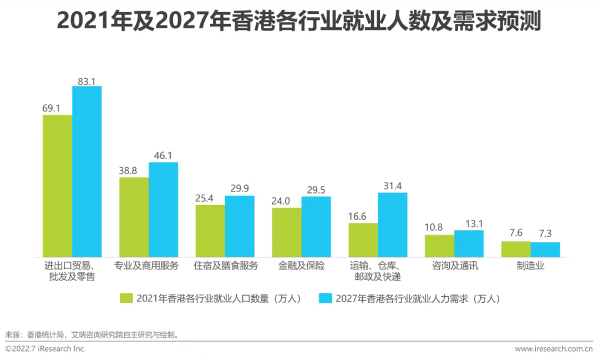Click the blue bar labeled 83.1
(87, 171)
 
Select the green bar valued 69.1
(58, 186)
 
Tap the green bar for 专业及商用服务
(134, 217)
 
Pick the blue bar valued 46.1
(163, 210)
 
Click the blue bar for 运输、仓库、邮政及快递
(393, 225)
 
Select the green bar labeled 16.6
(363, 240)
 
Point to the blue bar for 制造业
(545, 250)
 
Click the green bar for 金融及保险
(287, 232)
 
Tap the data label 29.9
(240, 188)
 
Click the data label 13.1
(469, 223)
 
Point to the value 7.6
(516, 233)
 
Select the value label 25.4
(210, 197)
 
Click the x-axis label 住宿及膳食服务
(226, 266)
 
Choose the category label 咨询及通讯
(455, 266)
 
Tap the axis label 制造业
(531, 266)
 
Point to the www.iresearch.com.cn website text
(554, 349)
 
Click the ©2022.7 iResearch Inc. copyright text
(45, 349)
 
